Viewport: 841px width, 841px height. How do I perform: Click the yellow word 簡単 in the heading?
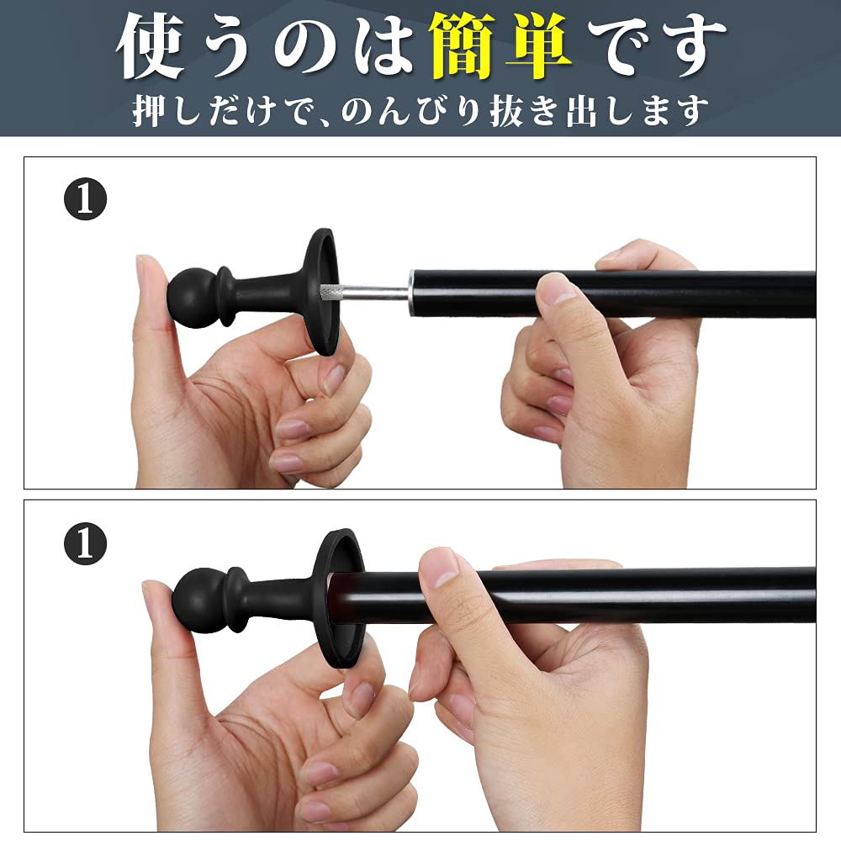pos(500,46)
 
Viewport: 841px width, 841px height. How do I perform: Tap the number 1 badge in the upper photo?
pos(86,199)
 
